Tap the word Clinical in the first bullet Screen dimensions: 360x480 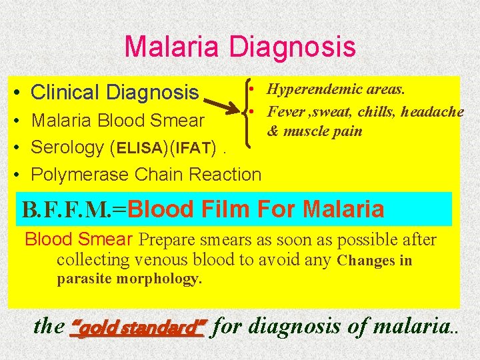pos(65,92)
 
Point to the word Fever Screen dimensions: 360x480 pos(283,111)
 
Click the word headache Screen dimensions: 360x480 pos(432,111)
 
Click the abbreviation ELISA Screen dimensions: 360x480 pos(141,147)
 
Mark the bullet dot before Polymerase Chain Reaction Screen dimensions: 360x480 pos(19,175)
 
